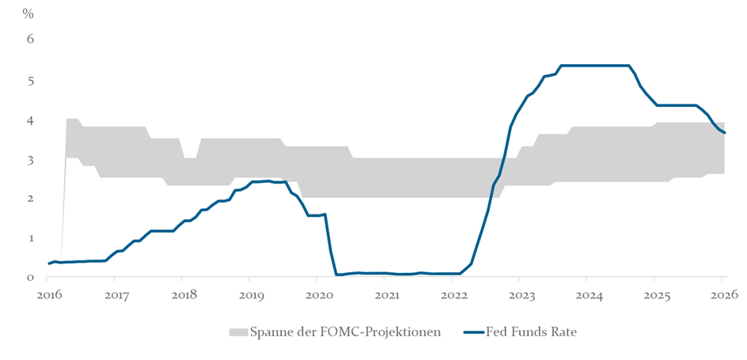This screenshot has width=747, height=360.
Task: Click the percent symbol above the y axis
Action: [28, 13]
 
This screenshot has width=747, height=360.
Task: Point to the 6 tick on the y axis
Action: [31, 39]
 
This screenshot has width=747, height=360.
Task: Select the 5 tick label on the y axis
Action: [31, 81]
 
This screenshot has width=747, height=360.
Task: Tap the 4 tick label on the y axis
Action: [31, 120]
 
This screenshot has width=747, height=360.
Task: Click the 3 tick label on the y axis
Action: [31, 160]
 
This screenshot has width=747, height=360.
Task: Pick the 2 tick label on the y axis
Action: [31, 199]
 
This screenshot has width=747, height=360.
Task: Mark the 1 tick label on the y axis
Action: [31, 238]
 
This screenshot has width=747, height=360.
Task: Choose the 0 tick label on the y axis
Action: [31, 277]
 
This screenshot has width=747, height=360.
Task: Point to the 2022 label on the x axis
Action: [452, 295]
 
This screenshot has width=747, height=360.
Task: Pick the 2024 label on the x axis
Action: [586, 295]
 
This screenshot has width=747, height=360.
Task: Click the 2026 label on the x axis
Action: [722, 295]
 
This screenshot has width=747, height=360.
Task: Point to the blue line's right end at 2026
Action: [724, 132]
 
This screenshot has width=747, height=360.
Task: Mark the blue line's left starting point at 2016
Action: [48, 263]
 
